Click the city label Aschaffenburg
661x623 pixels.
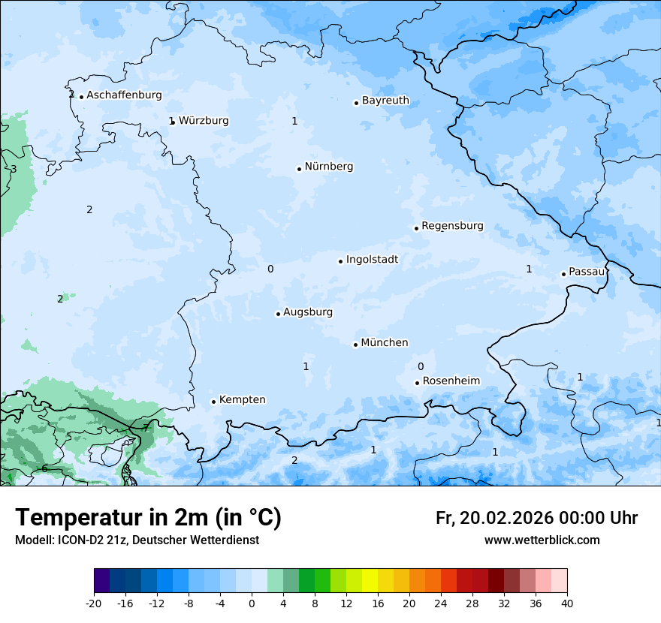(x=124, y=95)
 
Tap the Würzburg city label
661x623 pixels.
(x=204, y=121)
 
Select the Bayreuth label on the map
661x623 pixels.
(x=385, y=101)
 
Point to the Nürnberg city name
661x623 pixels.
(x=328, y=167)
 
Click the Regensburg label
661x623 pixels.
(x=452, y=226)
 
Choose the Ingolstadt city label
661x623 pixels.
(x=372, y=260)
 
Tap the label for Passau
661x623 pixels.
(x=587, y=272)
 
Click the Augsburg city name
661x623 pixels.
(x=308, y=312)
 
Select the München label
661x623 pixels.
(x=385, y=343)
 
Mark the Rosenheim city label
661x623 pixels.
(x=451, y=381)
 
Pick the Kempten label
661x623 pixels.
(x=242, y=400)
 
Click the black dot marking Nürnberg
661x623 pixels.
(x=299, y=169)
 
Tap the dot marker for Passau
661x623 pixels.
(x=563, y=274)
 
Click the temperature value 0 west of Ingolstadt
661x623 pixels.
(x=270, y=269)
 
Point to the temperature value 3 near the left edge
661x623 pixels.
(x=14, y=169)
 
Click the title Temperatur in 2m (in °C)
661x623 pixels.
(x=148, y=517)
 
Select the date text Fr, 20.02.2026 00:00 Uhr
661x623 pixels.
(x=536, y=518)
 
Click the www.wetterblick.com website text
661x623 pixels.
(x=542, y=540)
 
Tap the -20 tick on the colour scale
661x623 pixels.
(x=94, y=603)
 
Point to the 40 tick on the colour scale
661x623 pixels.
(x=566, y=603)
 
